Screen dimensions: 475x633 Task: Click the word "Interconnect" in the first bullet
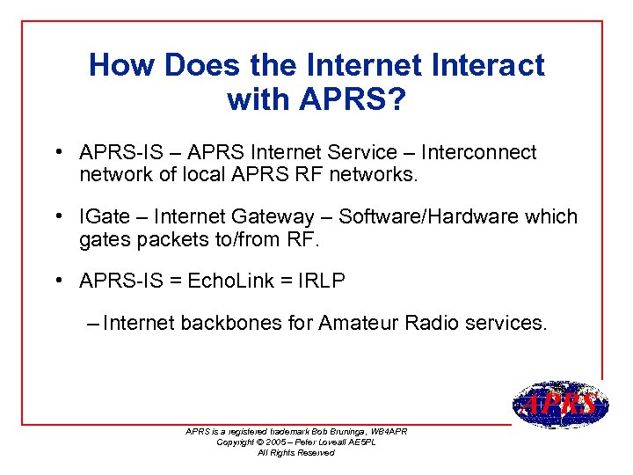[x=482, y=152]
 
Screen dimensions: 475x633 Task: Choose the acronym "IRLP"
[x=322, y=281]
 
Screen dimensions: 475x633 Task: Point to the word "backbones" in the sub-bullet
[x=231, y=323]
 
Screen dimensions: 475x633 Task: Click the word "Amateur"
[x=361, y=323]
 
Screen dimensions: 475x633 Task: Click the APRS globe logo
[x=559, y=405]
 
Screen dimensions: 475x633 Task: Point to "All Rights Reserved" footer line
[x=295, y=452]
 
